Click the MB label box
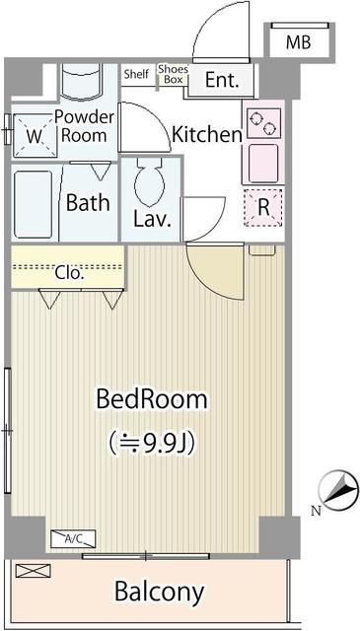tap(297, 42)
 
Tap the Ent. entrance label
tap(222, 81)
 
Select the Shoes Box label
tap(172, 75)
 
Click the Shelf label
tap(136, 74)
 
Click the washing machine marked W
tap(33, 137)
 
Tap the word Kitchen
tap(207, 134)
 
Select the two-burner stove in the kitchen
tap(262, 122)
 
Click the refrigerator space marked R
tap(263, 208)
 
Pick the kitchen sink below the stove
tap(263, 162)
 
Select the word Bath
tap(88, 204)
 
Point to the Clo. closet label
tap(68, 273)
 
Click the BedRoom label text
tap(151, 399)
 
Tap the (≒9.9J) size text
tap(151, 442)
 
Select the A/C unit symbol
tap(73, 538)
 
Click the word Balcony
tap(159, 592)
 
